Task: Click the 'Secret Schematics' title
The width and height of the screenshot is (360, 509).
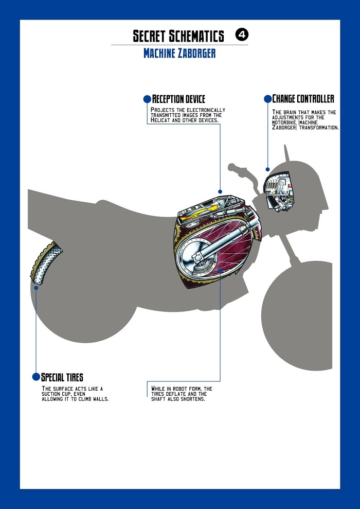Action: click(178, 36)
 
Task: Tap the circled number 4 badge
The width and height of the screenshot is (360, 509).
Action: click(242, 34)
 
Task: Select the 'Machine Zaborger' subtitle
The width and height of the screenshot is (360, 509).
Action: click(179, 54)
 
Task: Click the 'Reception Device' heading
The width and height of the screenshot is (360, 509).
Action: click(178, 99)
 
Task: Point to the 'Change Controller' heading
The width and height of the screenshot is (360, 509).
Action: click(303, 99)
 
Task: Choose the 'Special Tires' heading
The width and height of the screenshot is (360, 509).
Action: click(62, 377)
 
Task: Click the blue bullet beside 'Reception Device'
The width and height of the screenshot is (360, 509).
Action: click(147, 98)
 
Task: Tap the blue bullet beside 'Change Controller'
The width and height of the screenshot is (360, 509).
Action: click(267, 98)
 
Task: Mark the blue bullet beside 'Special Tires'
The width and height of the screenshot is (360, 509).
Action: click(36, 377)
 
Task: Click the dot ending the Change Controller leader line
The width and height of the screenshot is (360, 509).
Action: click(267, 169)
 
